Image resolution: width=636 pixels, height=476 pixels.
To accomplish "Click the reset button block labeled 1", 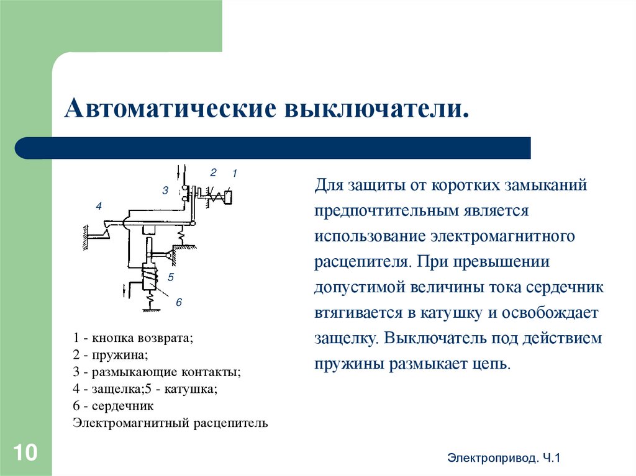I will click(x=229, y=197).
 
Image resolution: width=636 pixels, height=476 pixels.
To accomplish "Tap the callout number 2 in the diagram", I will click(x=212, y=173).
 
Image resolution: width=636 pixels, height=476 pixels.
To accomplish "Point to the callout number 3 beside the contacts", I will click(x=165, y=191).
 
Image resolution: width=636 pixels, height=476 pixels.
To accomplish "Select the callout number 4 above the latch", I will click(x=98, y=206).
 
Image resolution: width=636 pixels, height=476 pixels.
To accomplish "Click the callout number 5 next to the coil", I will click(x=170, y=277).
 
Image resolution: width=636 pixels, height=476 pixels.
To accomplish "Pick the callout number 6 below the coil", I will click(x=178, y=302).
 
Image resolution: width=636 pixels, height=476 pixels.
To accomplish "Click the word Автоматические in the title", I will click(x=168, y=109).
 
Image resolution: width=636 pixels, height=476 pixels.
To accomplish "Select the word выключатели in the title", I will click(x=374, y=109).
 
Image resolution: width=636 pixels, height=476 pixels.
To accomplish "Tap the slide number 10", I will click(x=25, y=452).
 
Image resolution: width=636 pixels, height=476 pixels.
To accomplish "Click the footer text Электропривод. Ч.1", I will click(x=504, y=459).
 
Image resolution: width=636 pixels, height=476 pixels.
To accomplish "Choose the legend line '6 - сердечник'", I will click(x=113, y=406).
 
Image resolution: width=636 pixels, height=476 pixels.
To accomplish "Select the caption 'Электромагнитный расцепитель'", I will click(x=170, y=423).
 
